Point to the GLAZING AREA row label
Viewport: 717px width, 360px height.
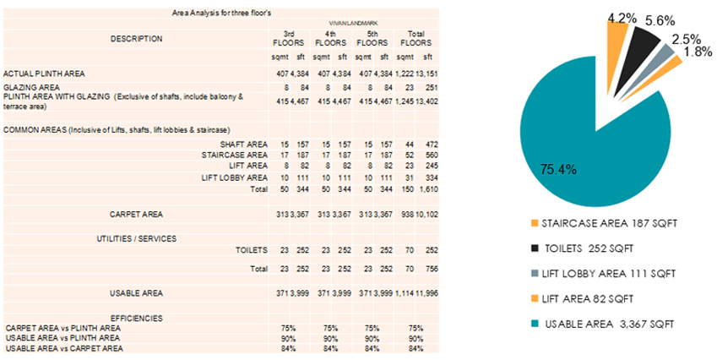point(31,86)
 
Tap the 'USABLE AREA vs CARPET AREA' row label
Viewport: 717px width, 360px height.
point(63,348)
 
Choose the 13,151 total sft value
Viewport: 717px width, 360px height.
point(426,74)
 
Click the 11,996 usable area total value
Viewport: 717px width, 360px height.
point(426,292)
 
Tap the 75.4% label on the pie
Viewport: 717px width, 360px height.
point(557,170)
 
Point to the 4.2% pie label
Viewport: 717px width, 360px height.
point(622,16)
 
